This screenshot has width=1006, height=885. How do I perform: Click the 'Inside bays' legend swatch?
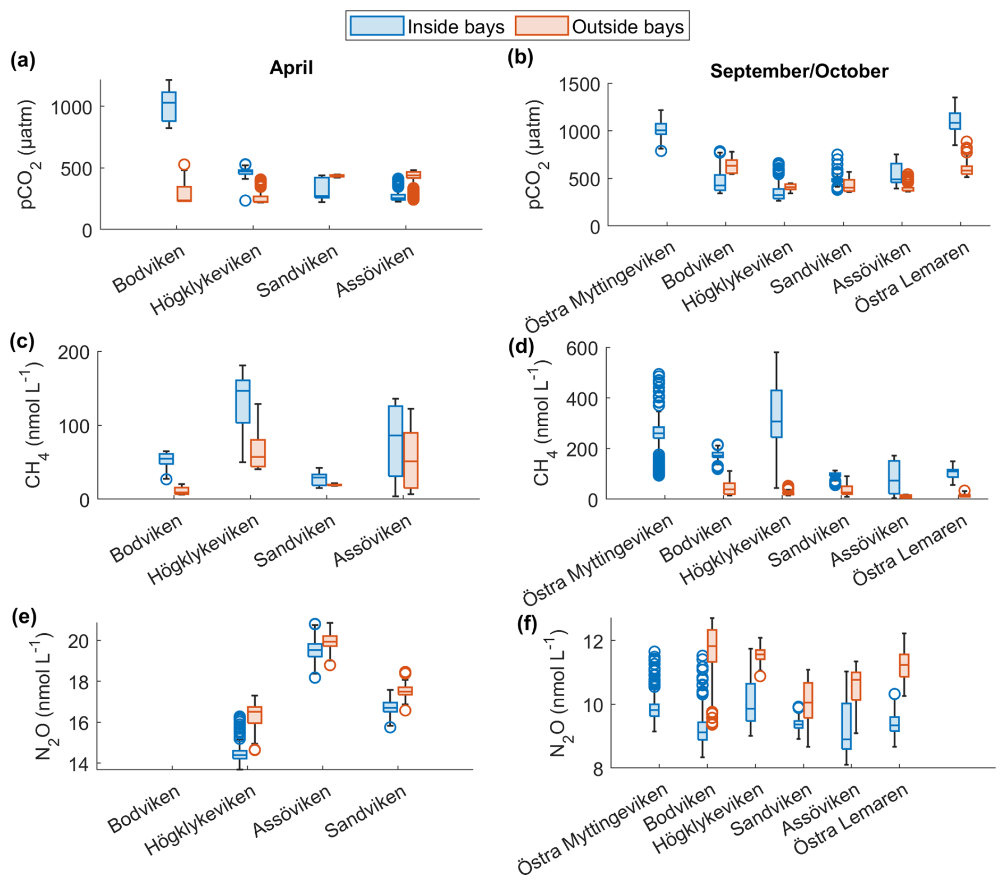click(376, 26)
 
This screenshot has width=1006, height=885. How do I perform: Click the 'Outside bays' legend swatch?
click(541, 26)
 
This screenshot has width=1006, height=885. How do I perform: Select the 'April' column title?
click(291, 68)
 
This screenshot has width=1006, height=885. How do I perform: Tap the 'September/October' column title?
click(799, 71)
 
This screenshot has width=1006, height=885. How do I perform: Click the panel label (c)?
click(22, 341)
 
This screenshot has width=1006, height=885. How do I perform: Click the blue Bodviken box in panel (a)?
click(169, 106)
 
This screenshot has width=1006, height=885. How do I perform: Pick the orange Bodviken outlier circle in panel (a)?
click(184, 165)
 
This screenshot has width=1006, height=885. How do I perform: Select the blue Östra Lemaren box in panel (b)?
click(955, 121)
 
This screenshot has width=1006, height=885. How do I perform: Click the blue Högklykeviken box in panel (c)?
click(243, 401)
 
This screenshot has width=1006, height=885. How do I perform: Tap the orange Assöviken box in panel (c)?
click(410, 460)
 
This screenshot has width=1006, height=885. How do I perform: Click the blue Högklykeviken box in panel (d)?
click(776, 413)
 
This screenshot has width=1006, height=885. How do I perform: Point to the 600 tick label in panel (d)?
click(582, 349)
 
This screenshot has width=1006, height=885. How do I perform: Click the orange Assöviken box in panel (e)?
click(330, 641)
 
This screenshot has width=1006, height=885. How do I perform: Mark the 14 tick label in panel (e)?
click(78, 765)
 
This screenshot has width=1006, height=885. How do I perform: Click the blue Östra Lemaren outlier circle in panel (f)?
click(894, 694)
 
